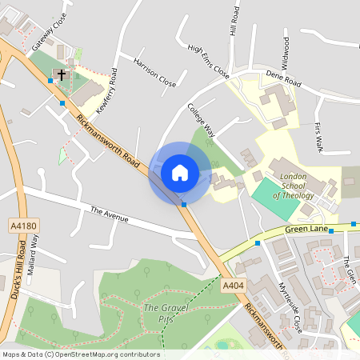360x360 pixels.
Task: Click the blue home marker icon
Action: click(180, 172)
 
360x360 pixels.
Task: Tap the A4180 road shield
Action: click(23, 226)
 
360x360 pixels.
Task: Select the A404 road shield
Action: click(232, 286)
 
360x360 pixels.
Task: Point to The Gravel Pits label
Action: click(158, 313)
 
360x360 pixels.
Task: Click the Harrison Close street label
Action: click(154, 71)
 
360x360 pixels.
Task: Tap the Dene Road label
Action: click(283, 78)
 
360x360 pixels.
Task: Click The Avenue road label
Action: click(109, 213)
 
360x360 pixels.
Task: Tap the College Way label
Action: click(201, 120)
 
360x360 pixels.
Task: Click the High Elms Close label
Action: click(208, 61)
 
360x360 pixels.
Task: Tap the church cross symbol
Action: click(61, 74)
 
